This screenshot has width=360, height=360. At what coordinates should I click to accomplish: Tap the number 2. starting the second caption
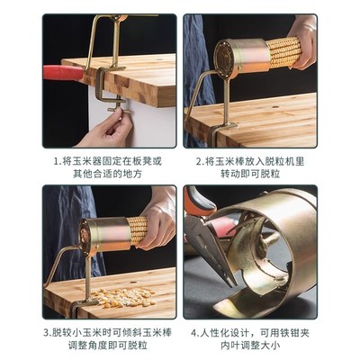click(x=200, y=161)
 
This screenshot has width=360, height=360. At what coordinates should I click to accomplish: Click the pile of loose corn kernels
click(x=118, y=298)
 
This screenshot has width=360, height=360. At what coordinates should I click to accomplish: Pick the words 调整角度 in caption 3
click(x=85, y=347)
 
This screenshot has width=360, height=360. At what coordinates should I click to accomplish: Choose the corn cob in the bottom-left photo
click(x=137, y=230)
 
